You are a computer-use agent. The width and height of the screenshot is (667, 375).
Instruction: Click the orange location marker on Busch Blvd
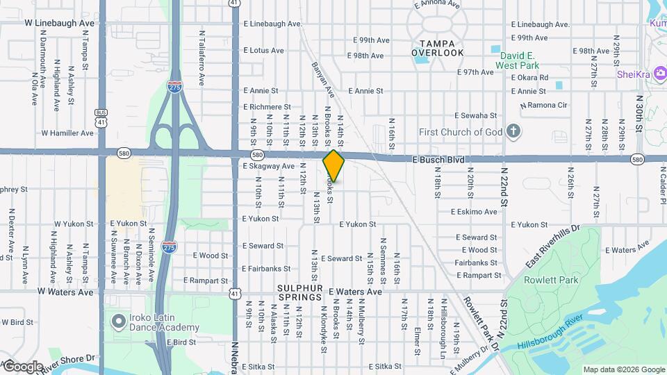(x=334, y=165)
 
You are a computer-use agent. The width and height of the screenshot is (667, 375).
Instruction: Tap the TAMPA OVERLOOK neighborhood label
(x=437, y=48)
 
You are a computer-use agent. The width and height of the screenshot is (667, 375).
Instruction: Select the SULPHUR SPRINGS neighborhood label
(x=300, y=292)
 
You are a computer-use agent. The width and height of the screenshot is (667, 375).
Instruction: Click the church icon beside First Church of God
(x=513, y=131)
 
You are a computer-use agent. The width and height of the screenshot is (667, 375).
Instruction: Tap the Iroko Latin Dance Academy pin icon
(x=117, y=322)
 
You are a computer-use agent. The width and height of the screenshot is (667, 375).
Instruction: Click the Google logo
(x=22, y=366)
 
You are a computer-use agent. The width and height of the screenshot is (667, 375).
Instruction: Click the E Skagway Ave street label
(x=269, y=167)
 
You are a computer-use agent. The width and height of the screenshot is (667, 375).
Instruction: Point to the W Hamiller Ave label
(x=67, y=133)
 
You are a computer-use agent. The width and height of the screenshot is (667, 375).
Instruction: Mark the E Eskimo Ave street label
(x=474, y=212)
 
